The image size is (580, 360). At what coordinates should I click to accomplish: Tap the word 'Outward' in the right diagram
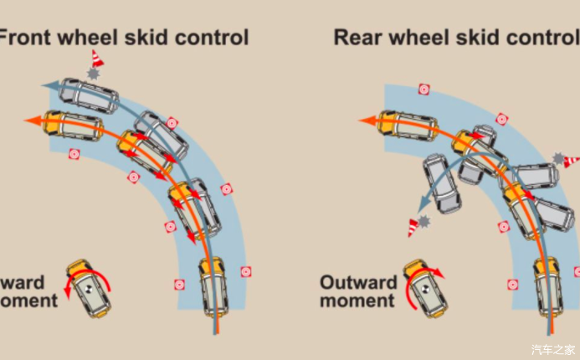tap(358, 282)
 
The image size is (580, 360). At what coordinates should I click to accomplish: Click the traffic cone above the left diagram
tap(98, 59)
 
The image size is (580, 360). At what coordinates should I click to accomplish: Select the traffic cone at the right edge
tap(572, 161)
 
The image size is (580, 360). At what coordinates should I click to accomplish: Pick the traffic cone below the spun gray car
tap(413, 227)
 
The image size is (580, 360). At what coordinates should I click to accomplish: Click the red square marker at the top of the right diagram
tap(424, 89)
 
